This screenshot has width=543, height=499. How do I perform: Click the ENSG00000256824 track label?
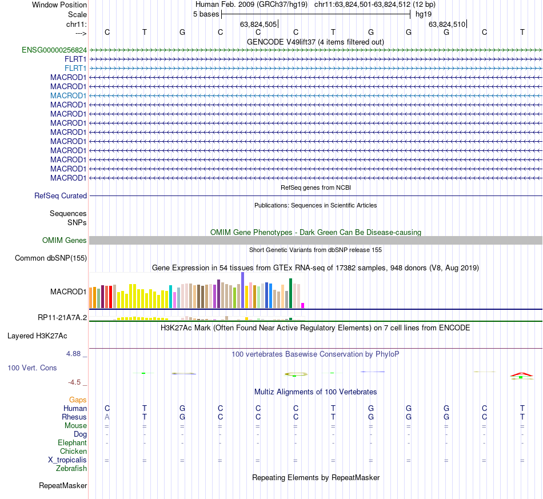click(x=54, y=50)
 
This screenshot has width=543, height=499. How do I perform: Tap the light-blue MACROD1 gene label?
click(x=68, y=95)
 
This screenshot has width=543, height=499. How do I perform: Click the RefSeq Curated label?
click(x=61, y=195)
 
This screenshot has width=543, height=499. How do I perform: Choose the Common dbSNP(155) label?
click(x=51, y=258)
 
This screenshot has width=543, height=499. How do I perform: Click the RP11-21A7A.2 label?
click(x=62, y=317)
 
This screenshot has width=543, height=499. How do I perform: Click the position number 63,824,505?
click(x=258, y=24)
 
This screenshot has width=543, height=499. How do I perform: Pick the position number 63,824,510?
click(x=447, y=24)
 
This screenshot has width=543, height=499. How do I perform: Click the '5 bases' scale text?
click(x=206, y=14)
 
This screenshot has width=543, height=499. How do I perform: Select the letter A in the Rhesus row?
click(x=107, y=417)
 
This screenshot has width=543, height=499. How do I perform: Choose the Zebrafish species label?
click(x=71, y=468)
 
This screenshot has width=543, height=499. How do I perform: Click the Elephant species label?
click(x=72, y=442)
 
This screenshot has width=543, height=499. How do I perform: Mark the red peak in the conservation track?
click(x=521, y=374)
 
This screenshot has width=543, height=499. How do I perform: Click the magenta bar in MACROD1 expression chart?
click(x=303, y=305)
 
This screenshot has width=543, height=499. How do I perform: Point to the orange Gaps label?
click(x=78, y=400)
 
